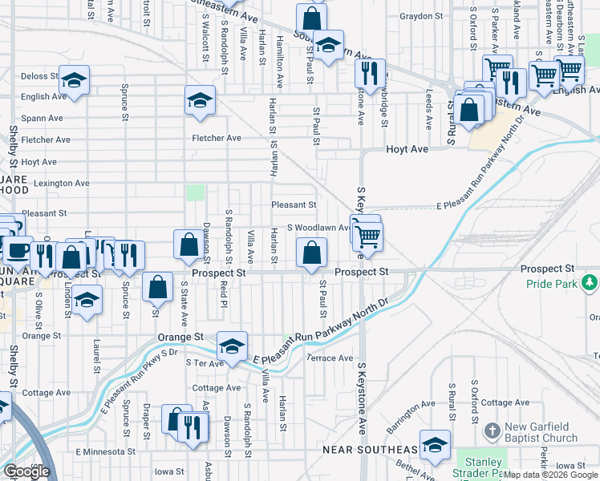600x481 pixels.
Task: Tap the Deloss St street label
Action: (40, 77)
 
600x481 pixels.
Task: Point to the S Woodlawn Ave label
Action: (317, 228)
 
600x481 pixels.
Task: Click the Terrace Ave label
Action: (330, 358)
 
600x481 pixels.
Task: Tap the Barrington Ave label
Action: (411, 411)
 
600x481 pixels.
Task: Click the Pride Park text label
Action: (552, 285)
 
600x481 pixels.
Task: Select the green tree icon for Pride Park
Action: (590, 282)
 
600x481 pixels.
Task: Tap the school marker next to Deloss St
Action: (74, 81)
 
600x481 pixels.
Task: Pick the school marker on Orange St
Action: (232, 346)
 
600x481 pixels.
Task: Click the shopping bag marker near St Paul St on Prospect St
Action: (312, 253)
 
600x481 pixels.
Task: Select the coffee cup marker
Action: (16, 250)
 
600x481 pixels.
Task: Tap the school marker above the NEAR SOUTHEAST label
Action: (435, 445)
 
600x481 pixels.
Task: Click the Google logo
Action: (26, 472)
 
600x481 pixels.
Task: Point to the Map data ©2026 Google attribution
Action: (551, 475)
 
